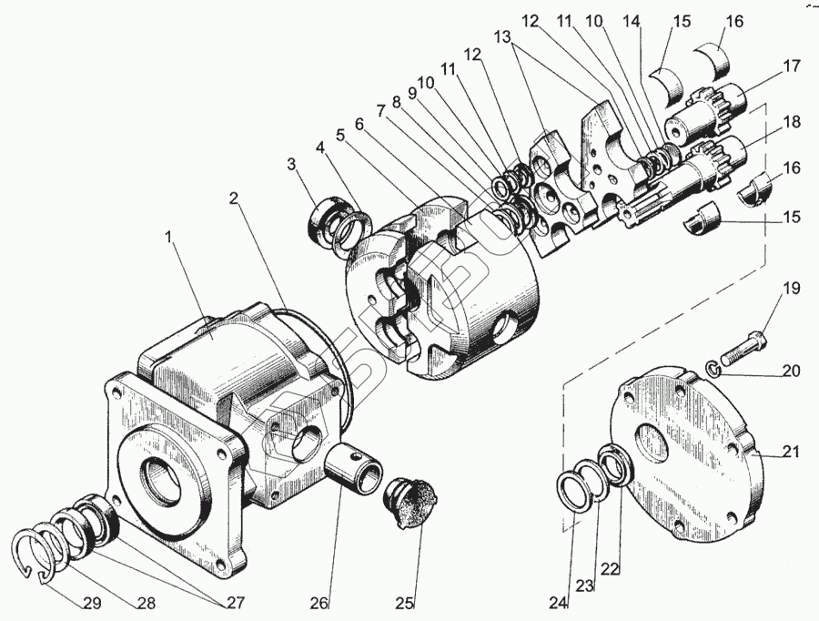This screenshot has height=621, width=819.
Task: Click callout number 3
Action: pyautogui.click(x=291, y=164)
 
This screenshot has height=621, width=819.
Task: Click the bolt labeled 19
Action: pyautogui.click(x=744, y=346)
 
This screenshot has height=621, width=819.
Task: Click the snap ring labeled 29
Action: pyautogui.click(x=37, y=552)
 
